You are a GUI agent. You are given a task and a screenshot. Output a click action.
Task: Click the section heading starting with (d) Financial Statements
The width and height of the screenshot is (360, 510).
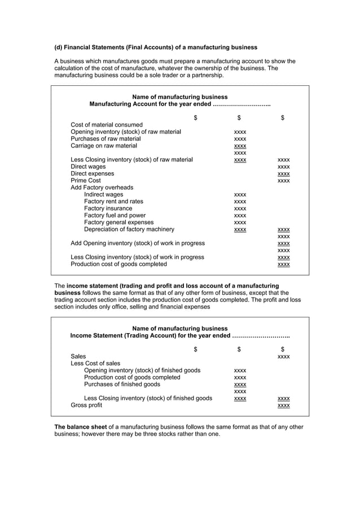[x=155, y=47]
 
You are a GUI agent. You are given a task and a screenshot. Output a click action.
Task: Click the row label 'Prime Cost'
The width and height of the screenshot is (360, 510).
[x=86, y=181]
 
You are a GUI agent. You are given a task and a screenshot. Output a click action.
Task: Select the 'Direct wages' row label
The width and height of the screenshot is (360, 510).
[x=88, y=167]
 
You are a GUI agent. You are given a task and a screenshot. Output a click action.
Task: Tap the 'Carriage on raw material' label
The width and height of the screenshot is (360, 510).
[x=104, y=146]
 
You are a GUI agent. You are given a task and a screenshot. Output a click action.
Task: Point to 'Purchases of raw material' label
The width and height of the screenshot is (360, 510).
[x=106, y=139]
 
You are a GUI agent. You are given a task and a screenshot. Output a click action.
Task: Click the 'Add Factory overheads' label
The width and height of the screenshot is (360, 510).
[x=102, y=188]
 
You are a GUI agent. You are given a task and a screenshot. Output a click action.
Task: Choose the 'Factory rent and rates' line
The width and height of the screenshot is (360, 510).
[x=113, y=202]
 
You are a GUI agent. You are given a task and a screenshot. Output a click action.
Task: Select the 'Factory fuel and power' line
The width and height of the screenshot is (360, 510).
[x=115, y=215]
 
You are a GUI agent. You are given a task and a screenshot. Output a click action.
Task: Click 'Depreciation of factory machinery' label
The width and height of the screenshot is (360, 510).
[x=129, y=229]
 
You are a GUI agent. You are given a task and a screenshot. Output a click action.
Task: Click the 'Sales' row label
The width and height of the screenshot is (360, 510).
[x=78, y=357]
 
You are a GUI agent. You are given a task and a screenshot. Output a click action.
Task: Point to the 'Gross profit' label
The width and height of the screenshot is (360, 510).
[x=86, y=406]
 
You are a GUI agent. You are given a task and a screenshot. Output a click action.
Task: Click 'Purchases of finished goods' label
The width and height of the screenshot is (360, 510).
[x=122, y=385]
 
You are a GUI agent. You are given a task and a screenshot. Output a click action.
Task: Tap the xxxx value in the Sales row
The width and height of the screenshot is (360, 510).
[x=283, y=357]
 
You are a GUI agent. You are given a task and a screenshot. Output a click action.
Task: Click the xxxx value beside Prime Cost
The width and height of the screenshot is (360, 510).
[x=283, y=181]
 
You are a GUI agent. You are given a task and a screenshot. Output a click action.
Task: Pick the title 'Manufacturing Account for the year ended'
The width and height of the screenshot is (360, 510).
[x=179, y=104]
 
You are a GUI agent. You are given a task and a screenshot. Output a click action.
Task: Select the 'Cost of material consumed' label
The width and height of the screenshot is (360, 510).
[x=107, y=125]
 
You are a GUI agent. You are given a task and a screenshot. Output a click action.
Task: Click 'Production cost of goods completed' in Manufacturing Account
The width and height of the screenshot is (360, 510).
[x=118, y=264]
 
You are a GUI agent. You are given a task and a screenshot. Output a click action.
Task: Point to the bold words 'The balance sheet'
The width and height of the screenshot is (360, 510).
[x=80, y=427]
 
